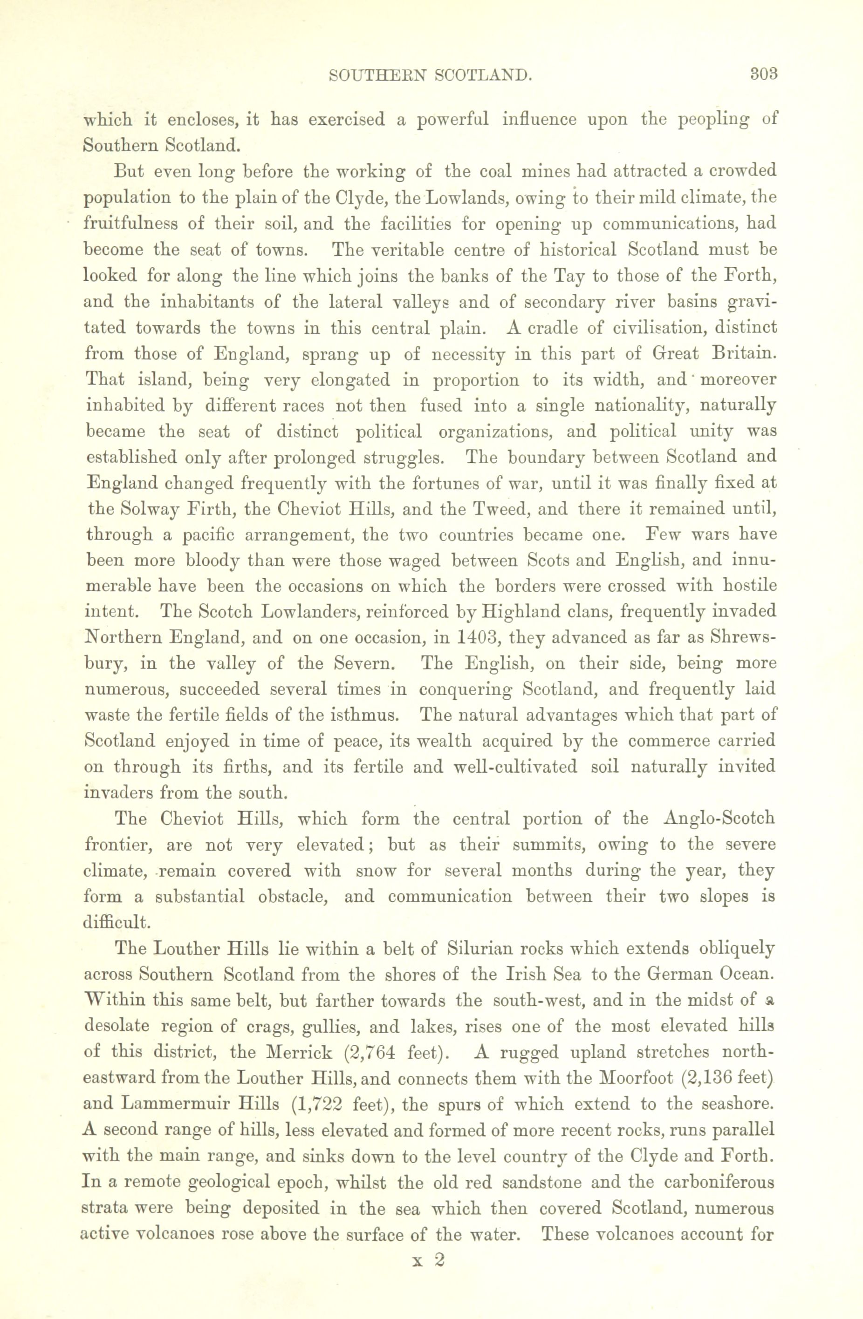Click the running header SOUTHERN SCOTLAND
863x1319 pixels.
point(431,75)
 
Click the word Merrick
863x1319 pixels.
point(300,1052)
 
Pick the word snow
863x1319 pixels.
point(375,871)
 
